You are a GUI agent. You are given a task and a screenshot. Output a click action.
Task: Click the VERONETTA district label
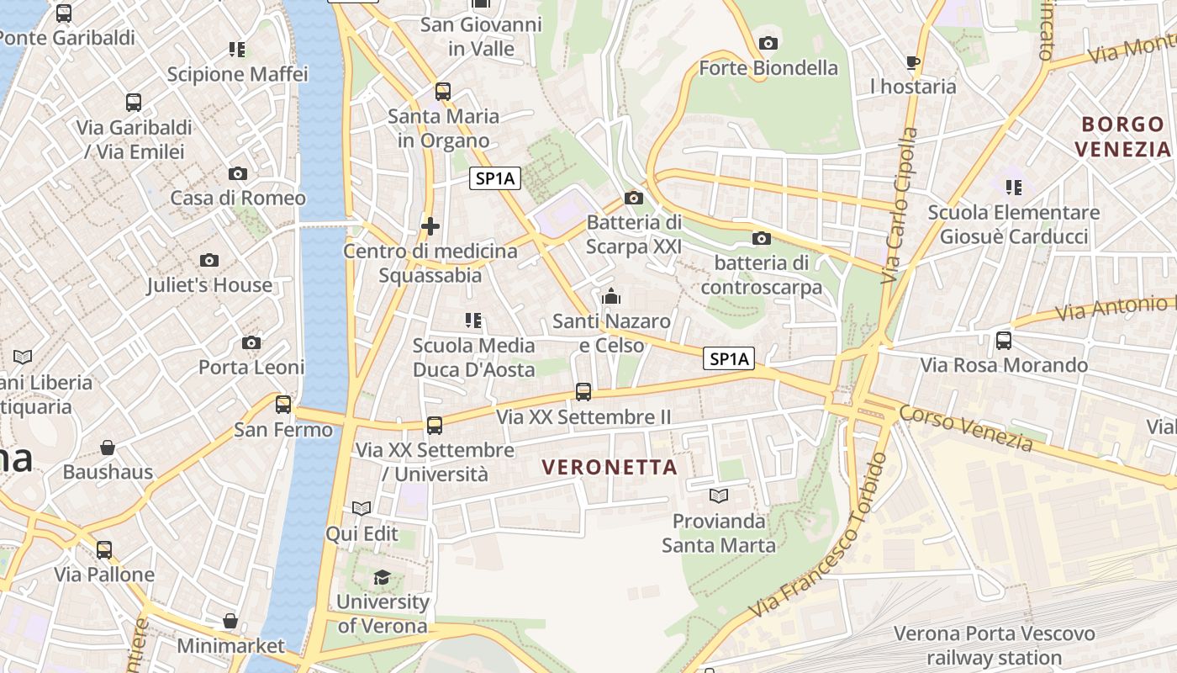[x=610, y=467]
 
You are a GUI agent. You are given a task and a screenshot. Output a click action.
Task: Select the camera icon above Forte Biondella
[x=768, y=43]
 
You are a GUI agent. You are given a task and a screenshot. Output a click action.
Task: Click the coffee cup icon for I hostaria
[x=913, y=62]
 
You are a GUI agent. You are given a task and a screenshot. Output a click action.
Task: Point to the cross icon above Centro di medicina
[x=430, y=226]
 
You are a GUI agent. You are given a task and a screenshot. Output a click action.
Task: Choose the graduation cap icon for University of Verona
[x=383, y=577]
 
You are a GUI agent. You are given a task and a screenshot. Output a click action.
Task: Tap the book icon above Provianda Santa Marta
[x=718, y=495]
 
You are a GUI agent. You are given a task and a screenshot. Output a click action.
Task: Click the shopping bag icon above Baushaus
[x=108, y=447]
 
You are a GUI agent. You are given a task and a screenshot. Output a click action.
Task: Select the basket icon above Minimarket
[x=230, y=621]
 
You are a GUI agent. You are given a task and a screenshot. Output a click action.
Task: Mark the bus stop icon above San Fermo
[x=283, y=405]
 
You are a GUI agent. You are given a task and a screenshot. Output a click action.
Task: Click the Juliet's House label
[x=209, y=285]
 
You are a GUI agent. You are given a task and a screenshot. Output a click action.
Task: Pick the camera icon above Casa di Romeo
[x=238, y=173]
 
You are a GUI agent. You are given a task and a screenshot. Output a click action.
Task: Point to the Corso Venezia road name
[x=965, y=427]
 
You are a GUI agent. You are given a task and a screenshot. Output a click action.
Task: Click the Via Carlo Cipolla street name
[x=899, y=205]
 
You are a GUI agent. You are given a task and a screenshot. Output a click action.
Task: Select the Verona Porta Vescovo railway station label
[x=994, y=645]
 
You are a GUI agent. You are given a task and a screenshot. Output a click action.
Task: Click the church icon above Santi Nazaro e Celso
[x=611, y=296]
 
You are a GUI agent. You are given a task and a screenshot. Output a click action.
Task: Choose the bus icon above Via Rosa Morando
[x=1003, y=341]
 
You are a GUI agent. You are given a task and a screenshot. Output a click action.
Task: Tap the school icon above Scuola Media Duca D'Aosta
[x=473, y=321]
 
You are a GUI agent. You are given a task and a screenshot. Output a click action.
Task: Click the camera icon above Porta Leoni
[x=251, y=342]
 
